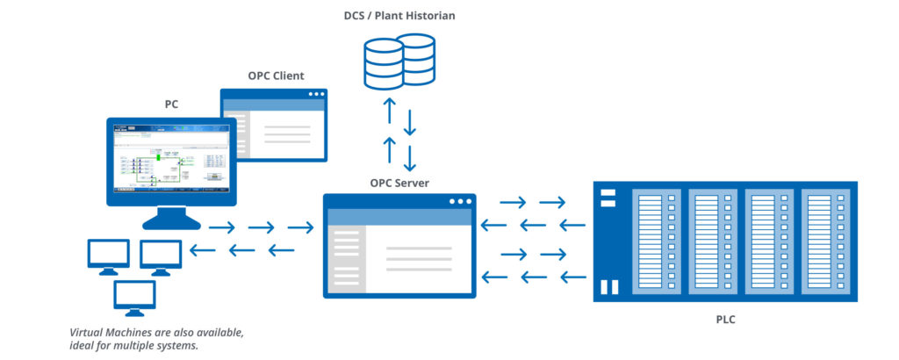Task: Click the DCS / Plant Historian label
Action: (399, 16)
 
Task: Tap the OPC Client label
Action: (276, 76)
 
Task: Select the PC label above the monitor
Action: (171, 104)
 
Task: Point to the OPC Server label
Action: (399, 182)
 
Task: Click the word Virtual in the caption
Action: (89, 333)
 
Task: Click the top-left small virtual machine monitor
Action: (108, 255)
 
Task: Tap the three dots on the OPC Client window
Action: (313, 95)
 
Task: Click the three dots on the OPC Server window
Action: (460, 201)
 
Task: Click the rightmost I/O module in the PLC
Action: (824, 241)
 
